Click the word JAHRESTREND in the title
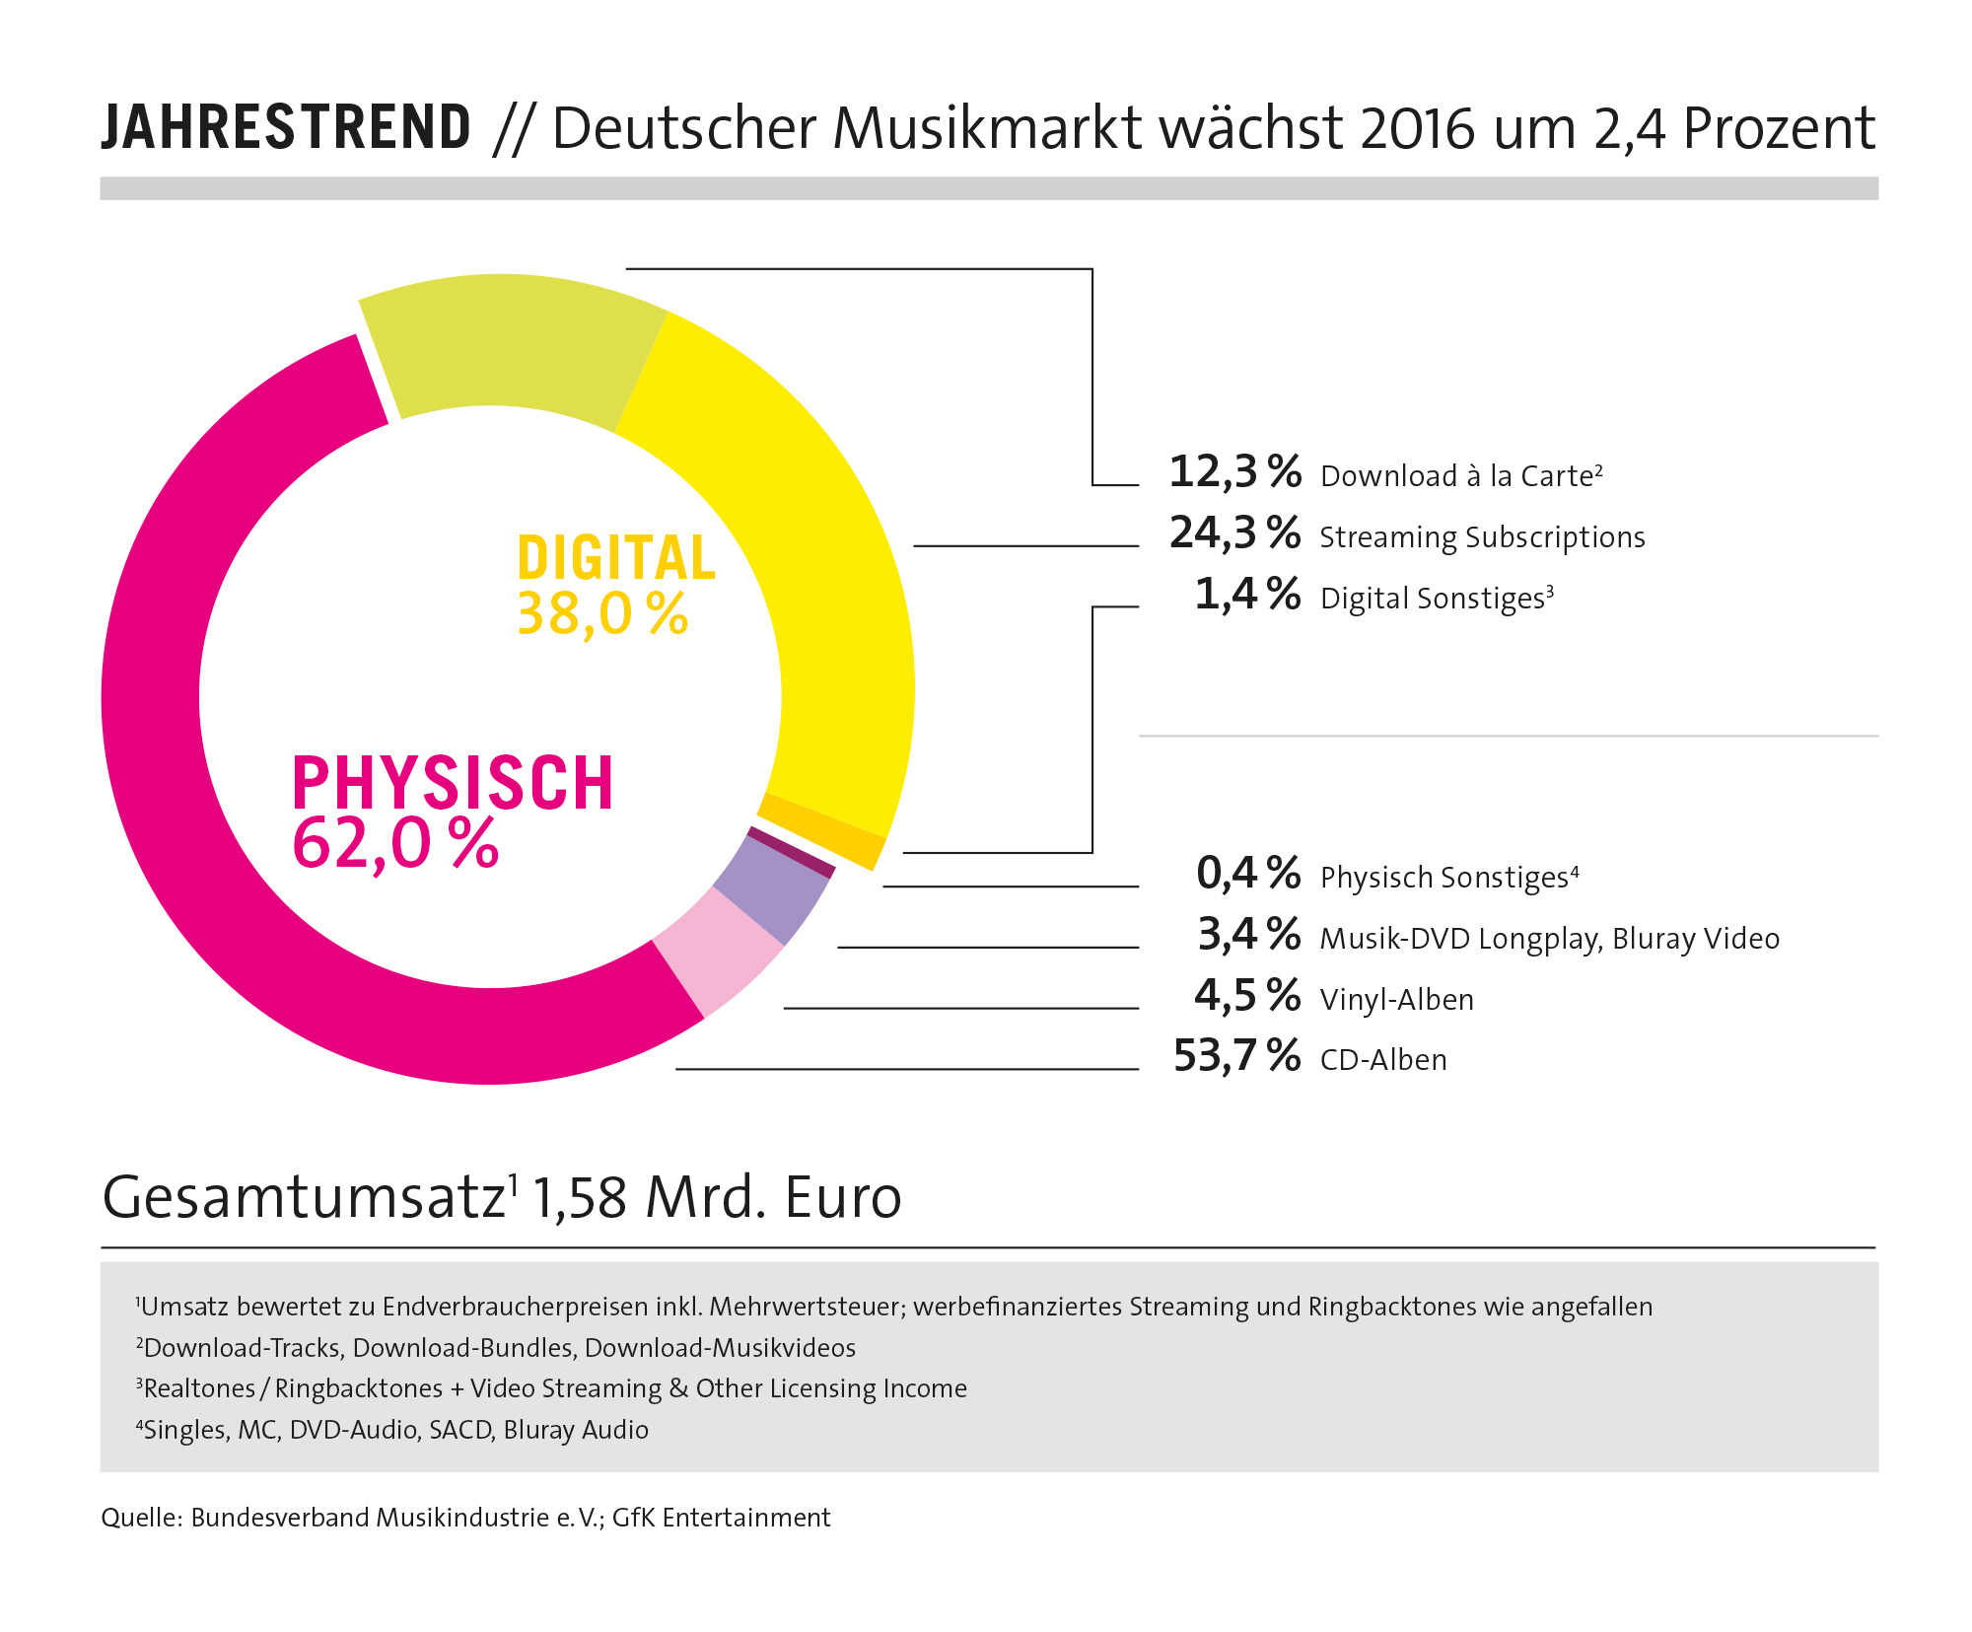point(286,128)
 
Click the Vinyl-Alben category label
point(1396,1000)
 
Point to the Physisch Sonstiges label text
point(1444,878)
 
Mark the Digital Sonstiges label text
point(1432,599)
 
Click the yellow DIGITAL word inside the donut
point(616,558)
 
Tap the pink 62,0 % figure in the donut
point(395,844)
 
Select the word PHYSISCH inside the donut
point(453,783)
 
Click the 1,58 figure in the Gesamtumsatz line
point(580,1198)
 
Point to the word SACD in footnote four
point(460,1430)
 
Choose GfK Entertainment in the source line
point(721,1518)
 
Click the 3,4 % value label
point(1248,935)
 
